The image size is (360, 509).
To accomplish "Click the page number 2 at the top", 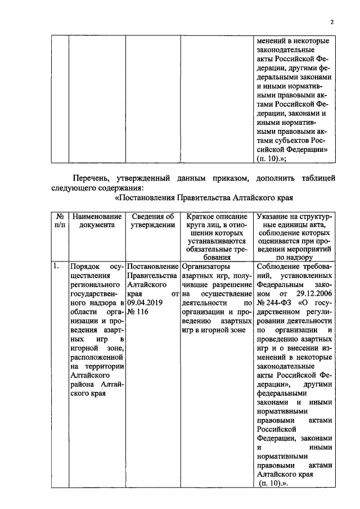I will point(332,22).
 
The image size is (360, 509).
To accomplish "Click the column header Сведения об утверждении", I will point(152,220).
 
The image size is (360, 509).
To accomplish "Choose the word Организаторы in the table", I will point(205,266).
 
